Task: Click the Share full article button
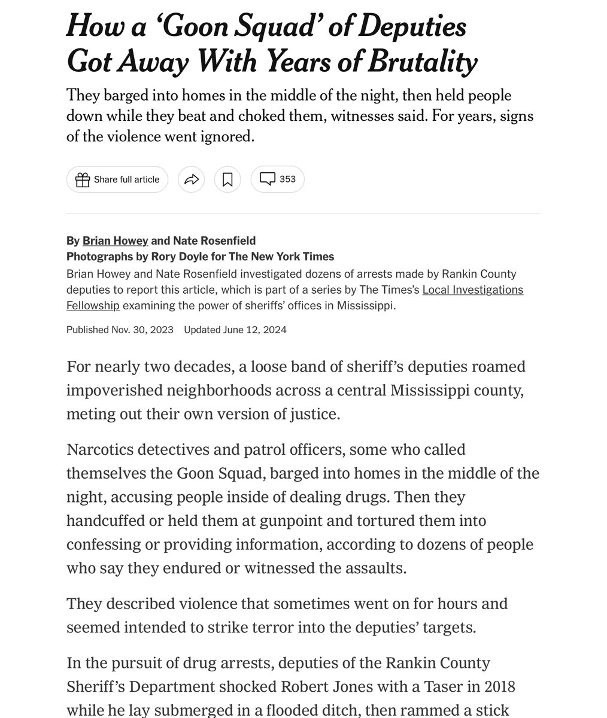point(117,180)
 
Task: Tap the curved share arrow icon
point(192,180)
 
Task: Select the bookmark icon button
point(227,180)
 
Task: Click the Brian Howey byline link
point(115,241)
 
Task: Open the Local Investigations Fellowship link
point(472,290)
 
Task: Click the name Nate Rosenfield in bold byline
point(214,241)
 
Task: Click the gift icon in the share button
point(83,180)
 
